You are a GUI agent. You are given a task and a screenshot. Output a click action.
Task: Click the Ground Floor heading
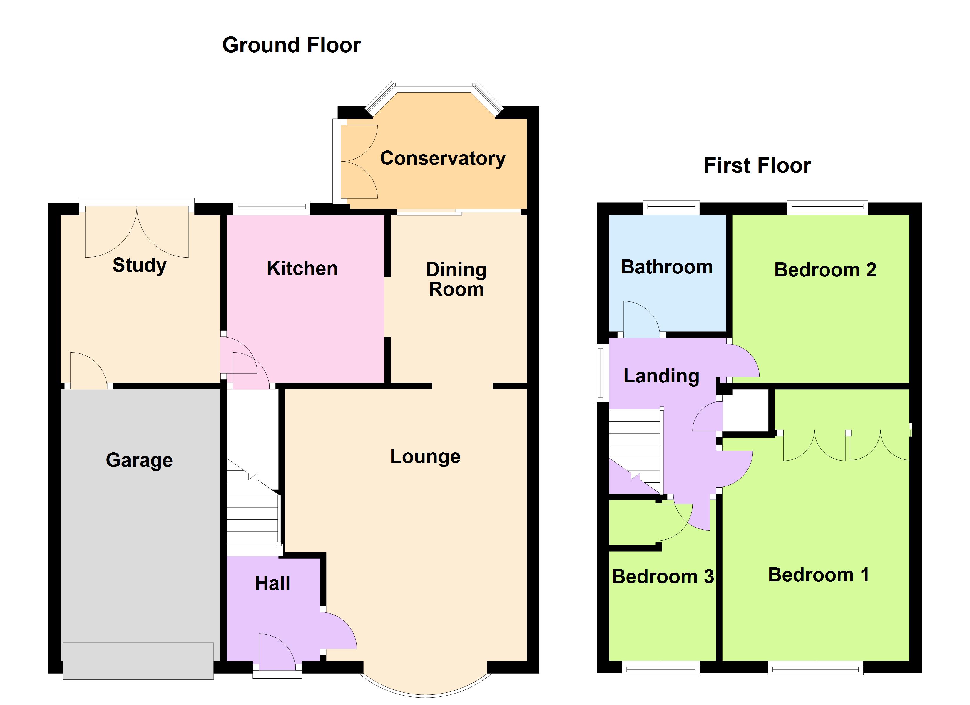[291, 45]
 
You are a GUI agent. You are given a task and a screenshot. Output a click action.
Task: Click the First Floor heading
[757, 165]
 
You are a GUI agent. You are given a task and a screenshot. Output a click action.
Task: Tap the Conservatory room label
[443, 158]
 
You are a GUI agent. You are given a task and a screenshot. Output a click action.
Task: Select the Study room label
[139, 265]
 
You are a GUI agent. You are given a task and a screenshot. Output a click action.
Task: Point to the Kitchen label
[302, 268]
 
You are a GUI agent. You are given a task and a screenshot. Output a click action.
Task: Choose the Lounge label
[425, 456]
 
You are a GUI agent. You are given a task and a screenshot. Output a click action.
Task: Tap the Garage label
[139, 460]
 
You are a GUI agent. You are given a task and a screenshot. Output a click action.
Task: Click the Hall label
[272, 583]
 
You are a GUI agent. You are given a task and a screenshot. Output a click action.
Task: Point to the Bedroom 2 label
[825, 270]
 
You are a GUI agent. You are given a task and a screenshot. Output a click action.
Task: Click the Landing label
[661, 376]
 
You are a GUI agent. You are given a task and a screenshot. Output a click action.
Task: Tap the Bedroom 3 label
[663, 577]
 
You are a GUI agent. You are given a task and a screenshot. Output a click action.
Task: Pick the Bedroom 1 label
[818, 575]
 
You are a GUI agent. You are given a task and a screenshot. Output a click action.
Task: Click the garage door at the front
[138, 661]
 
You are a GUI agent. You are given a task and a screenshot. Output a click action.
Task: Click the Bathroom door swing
[639, 318]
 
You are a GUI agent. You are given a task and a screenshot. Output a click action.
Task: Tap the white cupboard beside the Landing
[745, 410]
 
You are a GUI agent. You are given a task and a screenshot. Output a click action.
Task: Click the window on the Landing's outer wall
[602, 373]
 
